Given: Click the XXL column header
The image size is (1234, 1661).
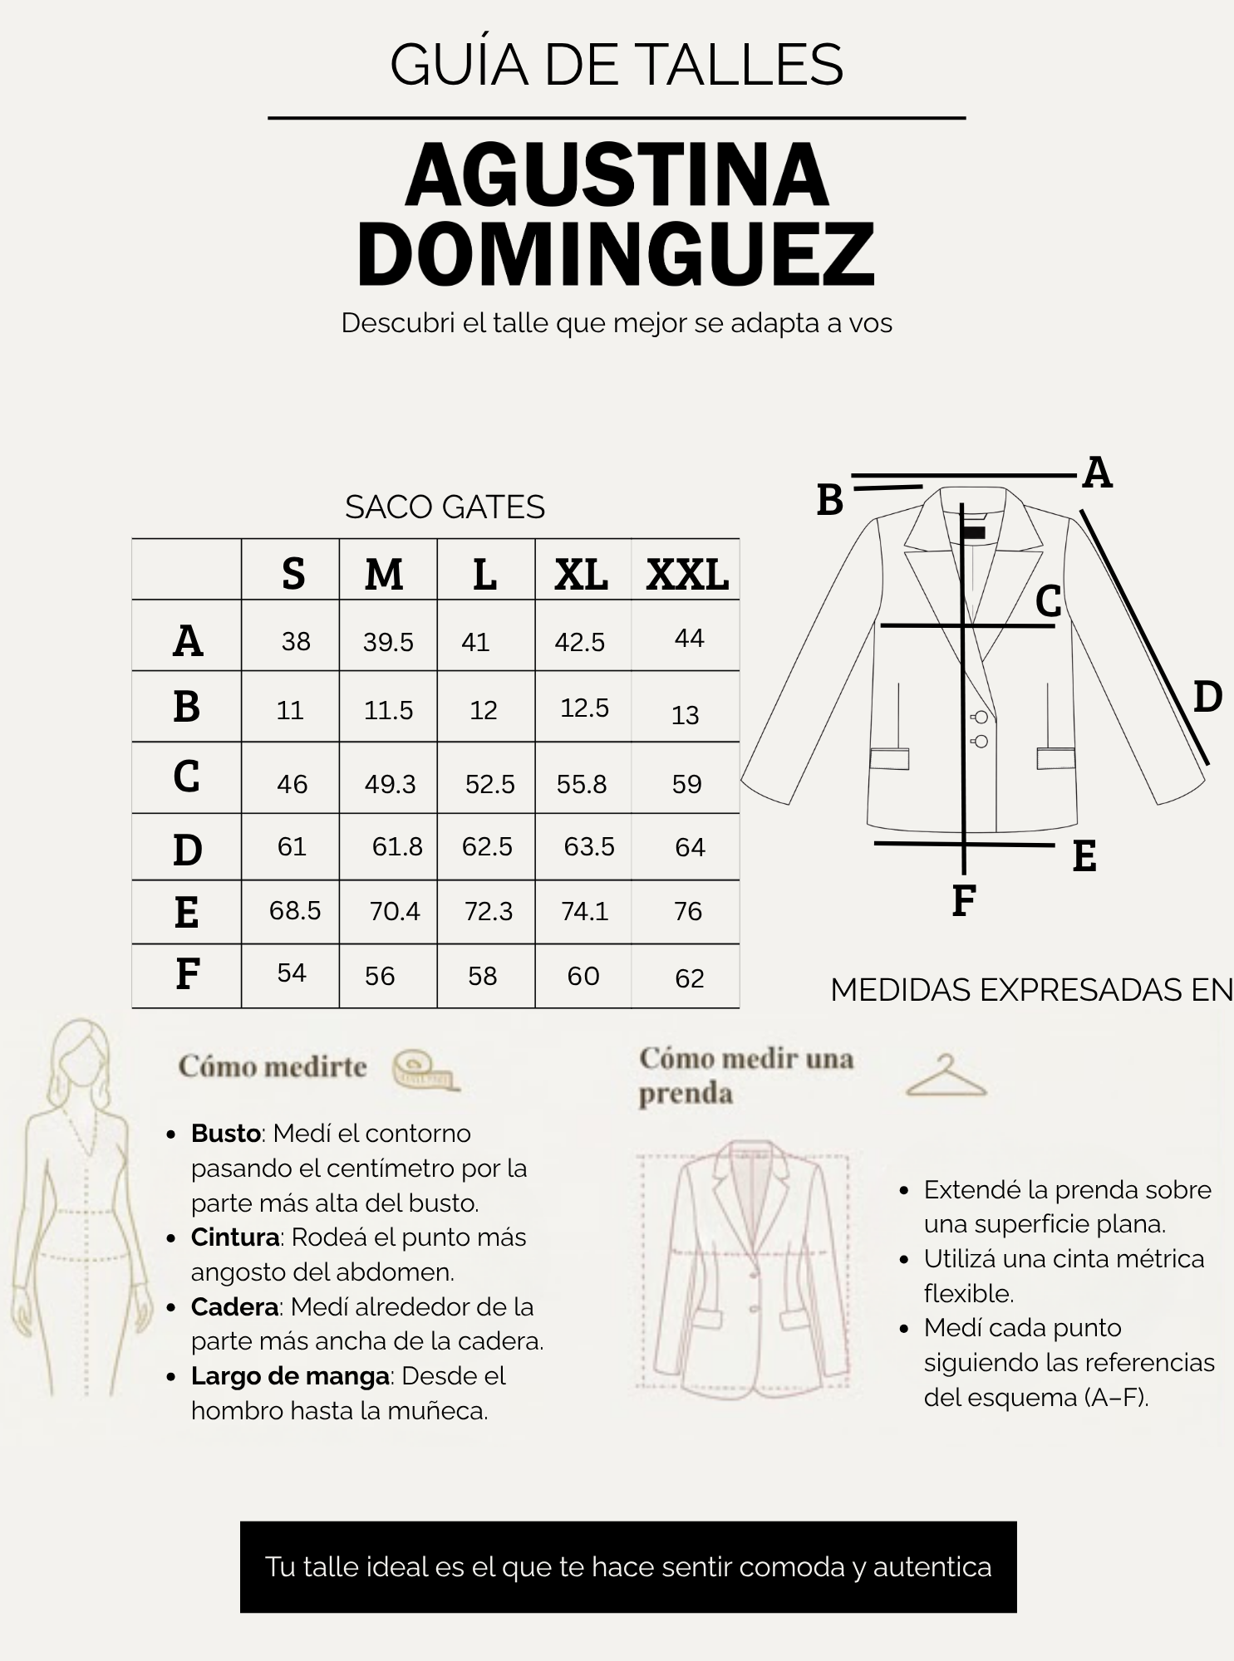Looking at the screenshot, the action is point(687,574).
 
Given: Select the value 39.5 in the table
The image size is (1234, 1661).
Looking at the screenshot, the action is point(388,642).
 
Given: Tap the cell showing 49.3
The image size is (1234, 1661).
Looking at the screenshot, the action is point(390,784).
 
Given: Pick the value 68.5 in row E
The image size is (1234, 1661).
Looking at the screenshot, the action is point(295,910).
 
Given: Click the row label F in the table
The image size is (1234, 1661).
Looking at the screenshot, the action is point(188,974).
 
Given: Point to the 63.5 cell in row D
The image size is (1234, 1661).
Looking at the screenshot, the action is point(589,846).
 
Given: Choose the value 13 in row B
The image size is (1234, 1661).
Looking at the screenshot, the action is point(686,715).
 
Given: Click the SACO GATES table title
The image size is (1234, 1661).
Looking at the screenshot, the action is point(445,507).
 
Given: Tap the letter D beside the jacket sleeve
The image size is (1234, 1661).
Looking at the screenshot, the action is point(1207,697).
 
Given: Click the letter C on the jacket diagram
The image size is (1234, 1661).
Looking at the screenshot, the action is point(1049,600).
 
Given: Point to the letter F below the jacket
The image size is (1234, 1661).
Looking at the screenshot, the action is point(963,900).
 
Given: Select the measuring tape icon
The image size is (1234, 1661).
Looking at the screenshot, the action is point(425,1069).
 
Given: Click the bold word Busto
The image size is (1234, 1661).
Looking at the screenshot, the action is point(227,1133).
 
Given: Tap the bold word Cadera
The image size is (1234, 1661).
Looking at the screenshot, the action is point(235,1306).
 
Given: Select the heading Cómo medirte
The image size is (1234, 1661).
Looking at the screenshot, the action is point(273,1066).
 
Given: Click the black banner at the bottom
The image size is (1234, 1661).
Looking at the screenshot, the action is point(628,1567).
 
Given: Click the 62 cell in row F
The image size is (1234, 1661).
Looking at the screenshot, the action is point(690,978).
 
